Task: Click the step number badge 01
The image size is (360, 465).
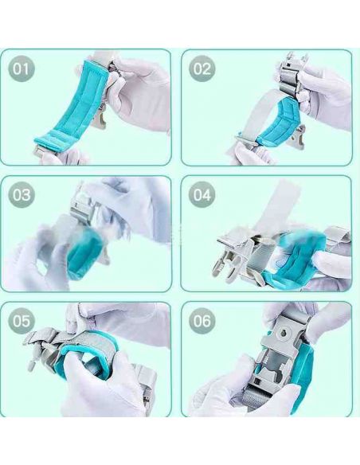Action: point(21,68)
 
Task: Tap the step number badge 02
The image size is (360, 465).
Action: point(202,68)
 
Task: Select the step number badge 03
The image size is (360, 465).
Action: point(21,195)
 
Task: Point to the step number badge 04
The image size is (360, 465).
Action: point(202,195)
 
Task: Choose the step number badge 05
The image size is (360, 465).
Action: point(21,321)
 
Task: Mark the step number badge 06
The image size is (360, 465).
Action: point(202,321)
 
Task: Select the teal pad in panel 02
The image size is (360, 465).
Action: point(280,124)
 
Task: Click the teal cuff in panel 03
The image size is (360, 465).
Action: point(83,252)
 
